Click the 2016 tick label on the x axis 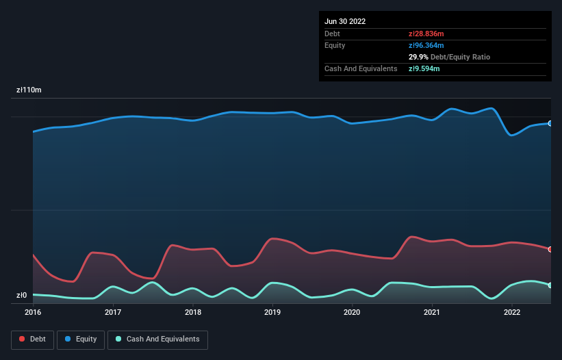point(33,312)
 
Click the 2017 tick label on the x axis point(113,312)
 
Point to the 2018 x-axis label point(193,312)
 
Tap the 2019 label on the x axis point(272,312)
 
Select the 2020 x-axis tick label point(352,312)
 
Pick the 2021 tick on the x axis point(432,312)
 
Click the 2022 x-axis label point(512,312)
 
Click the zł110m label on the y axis point(29,90)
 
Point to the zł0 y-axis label point(21,296)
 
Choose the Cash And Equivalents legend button point(157,339)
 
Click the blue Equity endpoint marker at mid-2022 point(550,123)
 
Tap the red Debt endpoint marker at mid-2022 point(550,249)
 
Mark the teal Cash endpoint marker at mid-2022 point(550,285)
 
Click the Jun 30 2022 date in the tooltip point(345,21)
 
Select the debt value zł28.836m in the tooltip point(426,34)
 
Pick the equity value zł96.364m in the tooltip point(426,45)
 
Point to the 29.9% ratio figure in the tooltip point(418,57)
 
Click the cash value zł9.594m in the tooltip point(424,68)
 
